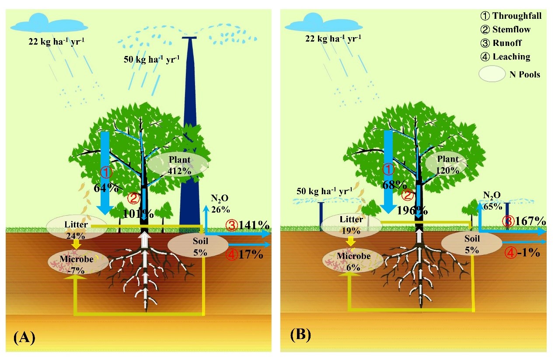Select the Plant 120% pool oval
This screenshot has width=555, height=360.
point(446,164)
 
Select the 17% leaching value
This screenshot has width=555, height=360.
point(250,254)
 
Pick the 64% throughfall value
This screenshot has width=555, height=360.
point(106,189)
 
